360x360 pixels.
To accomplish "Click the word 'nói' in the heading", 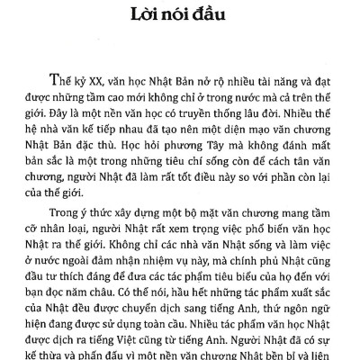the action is pyautogui.click(x=177, y=17).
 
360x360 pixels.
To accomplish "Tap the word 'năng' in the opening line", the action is pyautogui.click(x=265, y=77).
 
